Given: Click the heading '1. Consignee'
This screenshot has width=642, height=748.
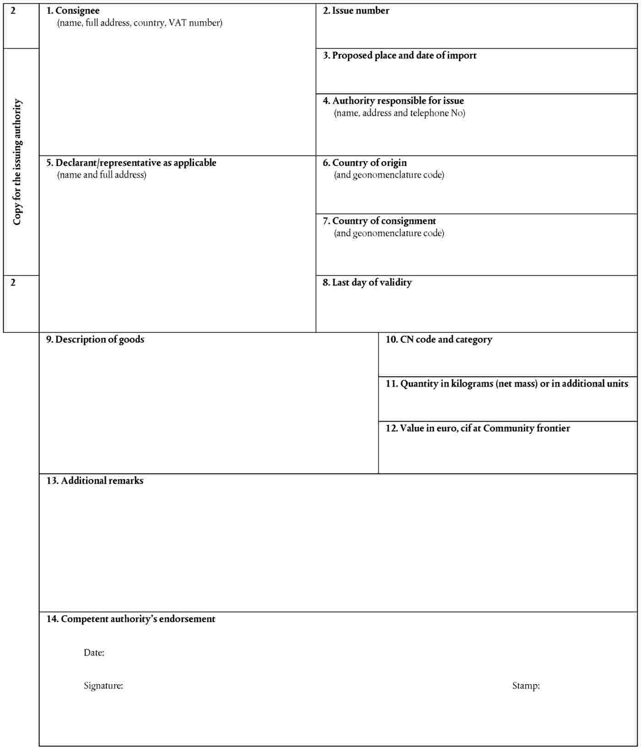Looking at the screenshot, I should point(73,11).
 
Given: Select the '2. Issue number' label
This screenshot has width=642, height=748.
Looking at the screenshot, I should point(356,11).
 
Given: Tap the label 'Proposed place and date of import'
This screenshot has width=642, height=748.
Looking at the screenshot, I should point(399,55).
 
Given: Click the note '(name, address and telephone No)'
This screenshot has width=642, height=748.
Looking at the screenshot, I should point(399,113).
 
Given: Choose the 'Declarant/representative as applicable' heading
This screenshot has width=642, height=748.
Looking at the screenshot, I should point(131,163).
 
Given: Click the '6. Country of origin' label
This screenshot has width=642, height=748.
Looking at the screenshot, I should point(365,163).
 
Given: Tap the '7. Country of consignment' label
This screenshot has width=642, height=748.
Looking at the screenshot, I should point(379,221).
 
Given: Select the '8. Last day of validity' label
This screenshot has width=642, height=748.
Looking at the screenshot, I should point(367,282).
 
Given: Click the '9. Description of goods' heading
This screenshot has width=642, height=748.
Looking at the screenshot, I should point(95,339).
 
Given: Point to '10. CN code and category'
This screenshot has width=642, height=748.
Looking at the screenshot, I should point(439,339).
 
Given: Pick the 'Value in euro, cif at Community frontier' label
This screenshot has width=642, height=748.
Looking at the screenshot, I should point(478,428).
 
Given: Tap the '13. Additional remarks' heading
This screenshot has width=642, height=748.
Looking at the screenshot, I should point(95,481).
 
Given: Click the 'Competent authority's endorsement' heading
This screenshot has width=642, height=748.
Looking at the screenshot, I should point(131,619).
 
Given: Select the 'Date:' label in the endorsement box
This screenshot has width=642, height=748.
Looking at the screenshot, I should point(94,653).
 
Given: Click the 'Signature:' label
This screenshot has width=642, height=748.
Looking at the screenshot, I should point(103,686).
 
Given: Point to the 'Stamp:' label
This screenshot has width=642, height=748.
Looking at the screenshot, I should point(526,686).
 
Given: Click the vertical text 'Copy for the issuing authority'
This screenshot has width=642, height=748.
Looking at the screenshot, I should point(17,162).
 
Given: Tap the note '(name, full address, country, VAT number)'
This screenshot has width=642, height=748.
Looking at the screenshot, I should point(140,23).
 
